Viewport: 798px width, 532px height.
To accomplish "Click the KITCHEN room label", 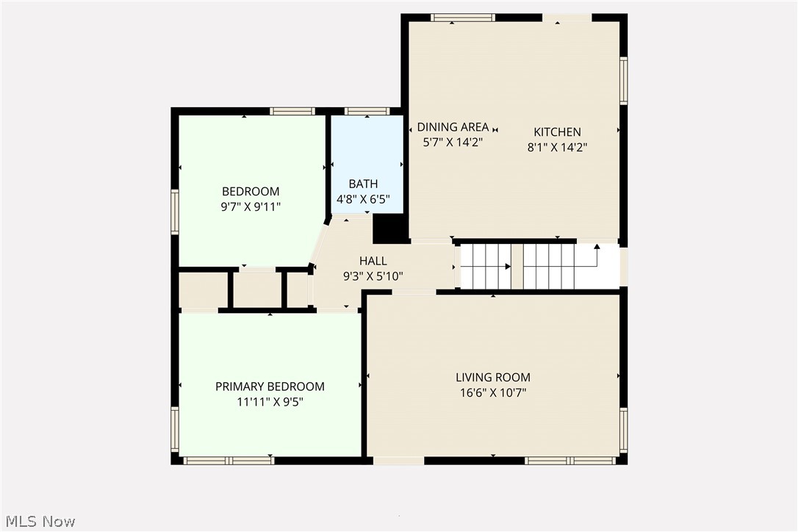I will click(x=557, y=132).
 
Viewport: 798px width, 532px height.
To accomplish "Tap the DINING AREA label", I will click(x=453, y=127).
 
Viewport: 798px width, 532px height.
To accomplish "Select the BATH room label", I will click(x=363, y=184).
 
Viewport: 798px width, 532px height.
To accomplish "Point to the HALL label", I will click(x=373, y=261).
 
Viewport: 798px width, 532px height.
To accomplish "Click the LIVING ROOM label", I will click(x=492, y=378).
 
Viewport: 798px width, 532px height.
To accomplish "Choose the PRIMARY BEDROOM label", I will click(x=270, y=387).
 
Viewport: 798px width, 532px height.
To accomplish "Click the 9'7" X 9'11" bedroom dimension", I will click(x=251, y=207).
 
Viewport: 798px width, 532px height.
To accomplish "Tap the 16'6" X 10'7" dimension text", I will click(x=492, y=393).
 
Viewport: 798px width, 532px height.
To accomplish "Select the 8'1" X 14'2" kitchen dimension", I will click(x=557, y=147).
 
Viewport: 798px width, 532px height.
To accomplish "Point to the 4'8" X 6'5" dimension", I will click(x=363, y=198).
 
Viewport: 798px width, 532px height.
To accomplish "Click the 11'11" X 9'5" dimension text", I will click(x=270, y=402).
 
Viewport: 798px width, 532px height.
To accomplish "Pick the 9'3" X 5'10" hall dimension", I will click(x=373, y=276).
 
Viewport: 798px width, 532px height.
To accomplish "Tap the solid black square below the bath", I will click(x=390, y=229).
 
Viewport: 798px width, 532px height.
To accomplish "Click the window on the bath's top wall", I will click(x=367, y=112).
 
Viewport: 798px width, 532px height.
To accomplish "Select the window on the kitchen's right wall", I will click(x=623, y=81).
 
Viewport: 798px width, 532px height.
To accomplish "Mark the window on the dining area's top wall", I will click(x=462, y=18).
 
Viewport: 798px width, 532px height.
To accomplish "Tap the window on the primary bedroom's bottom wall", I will click(x=228, y=461).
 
